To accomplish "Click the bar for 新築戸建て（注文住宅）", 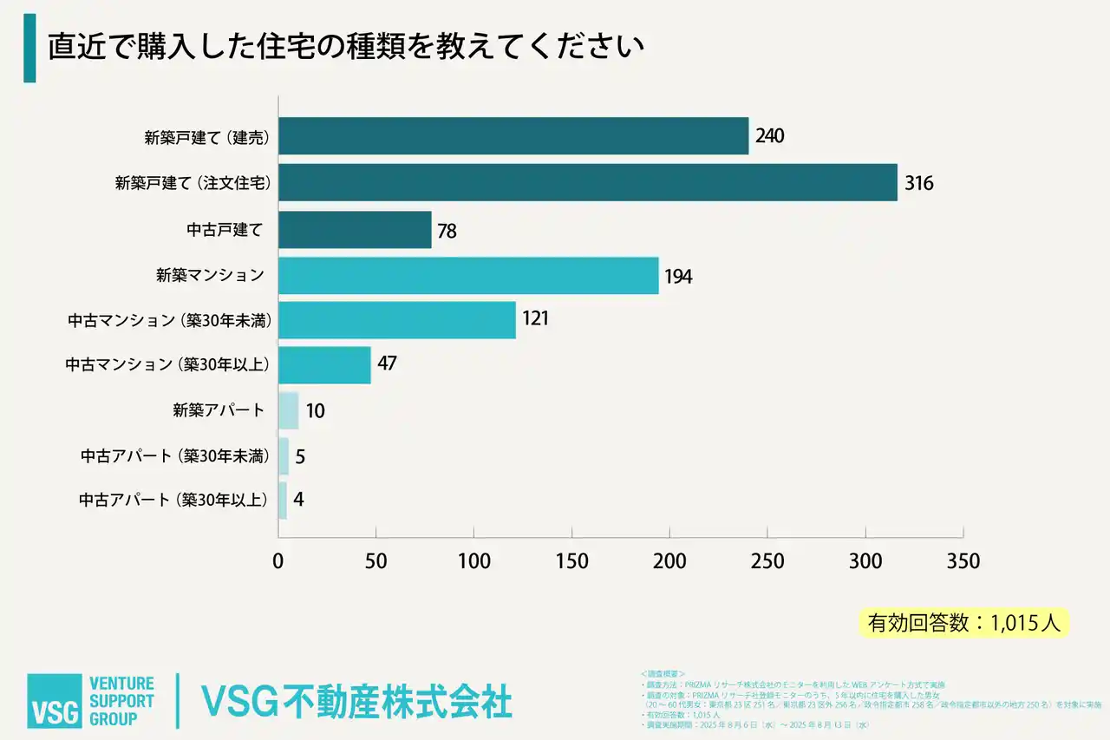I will pyautogui.click(x=587, y=183).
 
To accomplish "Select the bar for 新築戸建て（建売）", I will pyautogui.click(x=513, y=136).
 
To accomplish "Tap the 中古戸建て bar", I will pyautogui.click(x=355, y=230).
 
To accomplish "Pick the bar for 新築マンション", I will pyautogui.click(x=468, y=276).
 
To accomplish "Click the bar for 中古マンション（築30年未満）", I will pyautogui.click(x=396, y=319).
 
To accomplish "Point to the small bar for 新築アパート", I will pyautogui.click(x=288, y=410).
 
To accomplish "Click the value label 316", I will pyautogui.click(x=918, y=184).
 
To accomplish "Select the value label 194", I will pyautogui.click(x=678, y=277).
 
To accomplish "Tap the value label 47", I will pyautogui.click(x=387, y=363).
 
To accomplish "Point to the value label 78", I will pyautogui.click(x=447, y=231).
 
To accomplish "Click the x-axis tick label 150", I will pyautogui.click(x=571, y=561).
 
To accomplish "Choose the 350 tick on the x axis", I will pyautogui.click(x=963, y=561).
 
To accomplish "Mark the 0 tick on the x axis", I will pyautogui.click(x=278, y=561).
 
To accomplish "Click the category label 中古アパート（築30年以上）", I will pyautogui.click(x=174, y=500).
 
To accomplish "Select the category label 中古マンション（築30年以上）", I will pyautogui.click(x=168, y=364).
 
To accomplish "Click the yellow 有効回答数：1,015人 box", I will pyautogui.click(x=963, y=622).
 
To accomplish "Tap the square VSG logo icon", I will pyautogui.click(x=54, y=700).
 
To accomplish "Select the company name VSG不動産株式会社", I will pyautogui.click(x=356, y=701).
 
